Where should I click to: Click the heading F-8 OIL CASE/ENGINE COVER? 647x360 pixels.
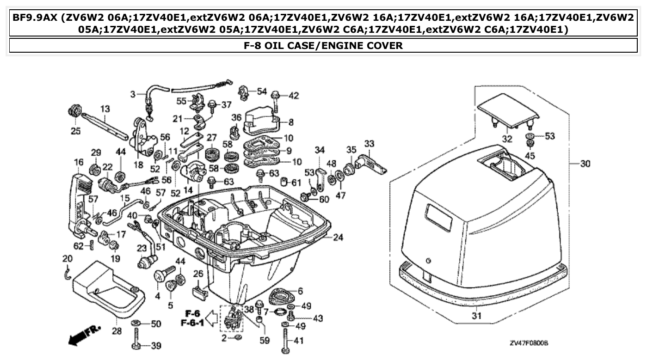click(323, 45)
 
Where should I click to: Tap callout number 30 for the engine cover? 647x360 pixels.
click(586, 164)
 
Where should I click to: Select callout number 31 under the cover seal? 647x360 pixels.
click(476, 317)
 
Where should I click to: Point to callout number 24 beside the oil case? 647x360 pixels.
click(338, 238)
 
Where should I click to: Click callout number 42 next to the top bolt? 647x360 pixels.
click(294, 96)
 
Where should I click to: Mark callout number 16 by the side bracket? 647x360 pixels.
click(78, 162)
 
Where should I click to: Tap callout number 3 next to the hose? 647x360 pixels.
click(132, 94)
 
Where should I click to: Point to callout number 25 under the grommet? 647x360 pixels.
click(75, 132)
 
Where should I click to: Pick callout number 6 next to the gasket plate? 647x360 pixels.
click(300, 291)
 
